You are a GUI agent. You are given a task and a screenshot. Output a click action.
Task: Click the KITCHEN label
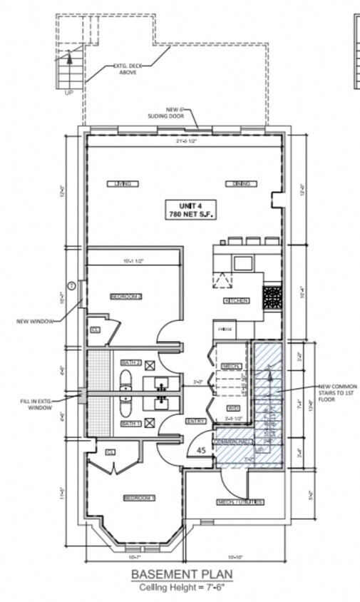click(236, 301)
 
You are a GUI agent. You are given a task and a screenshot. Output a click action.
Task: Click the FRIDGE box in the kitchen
click(225, 330)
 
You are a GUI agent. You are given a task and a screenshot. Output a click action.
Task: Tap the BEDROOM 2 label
click(126, 296)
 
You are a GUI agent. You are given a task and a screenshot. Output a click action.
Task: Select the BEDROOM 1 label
click(139, 498)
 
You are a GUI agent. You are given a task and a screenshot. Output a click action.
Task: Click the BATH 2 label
click(130, 363)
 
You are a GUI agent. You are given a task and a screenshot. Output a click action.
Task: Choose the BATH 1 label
click(130, 424)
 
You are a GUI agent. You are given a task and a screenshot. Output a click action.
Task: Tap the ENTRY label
click(197, 422)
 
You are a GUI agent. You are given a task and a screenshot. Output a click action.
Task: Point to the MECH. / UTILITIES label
click(240, 502)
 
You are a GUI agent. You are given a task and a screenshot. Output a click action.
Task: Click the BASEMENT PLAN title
click(180, 575)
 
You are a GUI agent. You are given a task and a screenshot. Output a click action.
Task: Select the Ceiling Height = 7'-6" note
click(180, 587)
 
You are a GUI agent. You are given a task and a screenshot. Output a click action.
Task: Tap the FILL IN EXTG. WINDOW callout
click(34, 405)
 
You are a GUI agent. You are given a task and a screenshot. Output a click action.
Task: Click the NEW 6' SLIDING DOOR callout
click(180, 113)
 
